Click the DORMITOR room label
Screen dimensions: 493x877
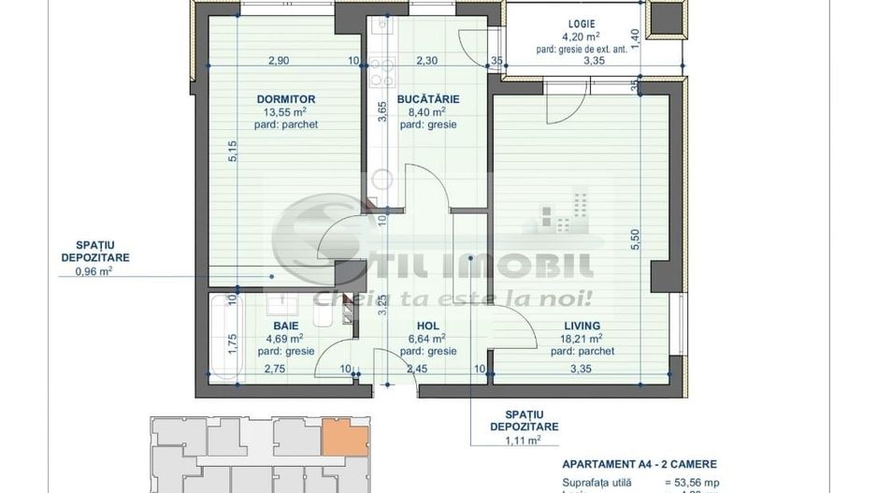285,98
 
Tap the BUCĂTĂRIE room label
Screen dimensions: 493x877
427,98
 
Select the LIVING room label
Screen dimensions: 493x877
575,325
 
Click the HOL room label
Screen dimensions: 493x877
427,325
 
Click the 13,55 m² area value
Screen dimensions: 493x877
285,111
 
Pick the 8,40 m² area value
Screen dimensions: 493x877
427,111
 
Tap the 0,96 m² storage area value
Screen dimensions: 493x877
93,272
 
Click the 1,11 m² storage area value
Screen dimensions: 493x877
524,439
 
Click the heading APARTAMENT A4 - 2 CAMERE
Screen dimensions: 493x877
640,465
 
